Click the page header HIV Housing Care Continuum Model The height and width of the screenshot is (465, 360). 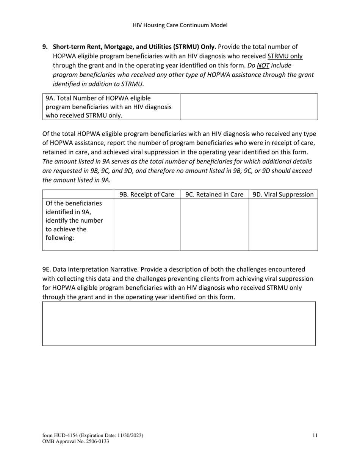click(x=180, y=25)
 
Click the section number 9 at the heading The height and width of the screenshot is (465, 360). click(x=45, y=47)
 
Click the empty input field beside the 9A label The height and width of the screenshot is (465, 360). click(x=249, y=107)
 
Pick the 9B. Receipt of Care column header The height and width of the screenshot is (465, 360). click(x=147, y=195)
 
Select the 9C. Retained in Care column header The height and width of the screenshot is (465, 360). click(x=214, y=195)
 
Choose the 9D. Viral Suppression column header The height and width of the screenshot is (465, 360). click(x=283, y=195)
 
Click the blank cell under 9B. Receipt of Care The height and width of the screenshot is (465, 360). click(x=147, y=225)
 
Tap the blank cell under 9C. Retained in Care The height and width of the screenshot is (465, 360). click(x=214, y=225)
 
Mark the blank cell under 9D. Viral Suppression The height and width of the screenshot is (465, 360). click(x=283, y=225)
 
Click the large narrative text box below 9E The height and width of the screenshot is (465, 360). click(x=179, y=324)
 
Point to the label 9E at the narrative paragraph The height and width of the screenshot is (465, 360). click(x=47, y=269)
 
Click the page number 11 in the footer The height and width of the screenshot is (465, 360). click(x=315, y=435)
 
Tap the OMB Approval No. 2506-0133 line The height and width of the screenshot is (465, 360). click(x=76, y=441)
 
